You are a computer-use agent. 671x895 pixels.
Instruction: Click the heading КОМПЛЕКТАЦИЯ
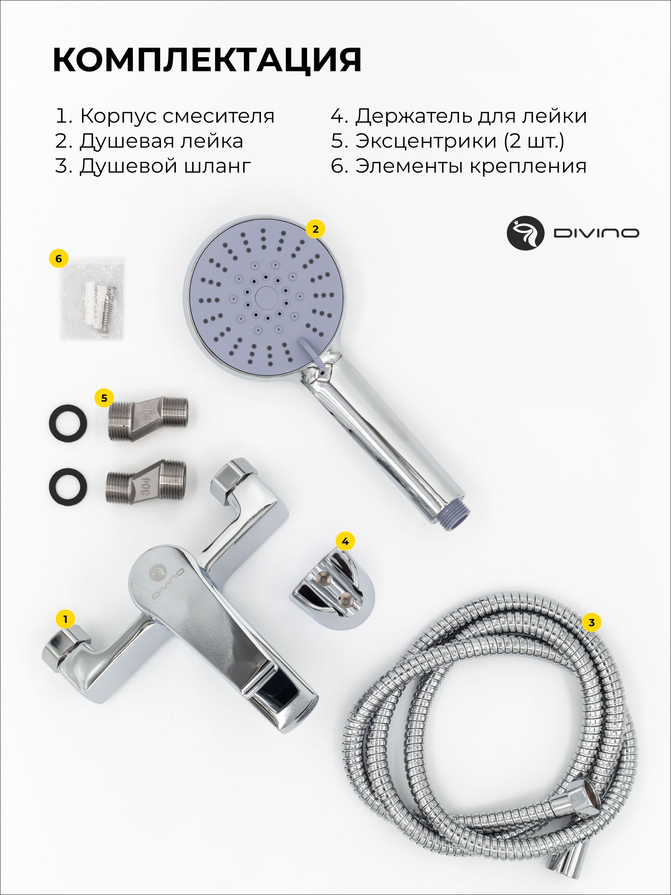207,60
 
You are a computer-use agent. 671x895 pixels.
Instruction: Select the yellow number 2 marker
315,229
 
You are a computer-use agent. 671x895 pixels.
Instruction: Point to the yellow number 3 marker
592,622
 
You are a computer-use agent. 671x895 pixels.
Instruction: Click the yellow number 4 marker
345,541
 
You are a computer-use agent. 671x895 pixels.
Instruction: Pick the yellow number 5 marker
104,398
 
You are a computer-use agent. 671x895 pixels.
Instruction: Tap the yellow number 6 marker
59,258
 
